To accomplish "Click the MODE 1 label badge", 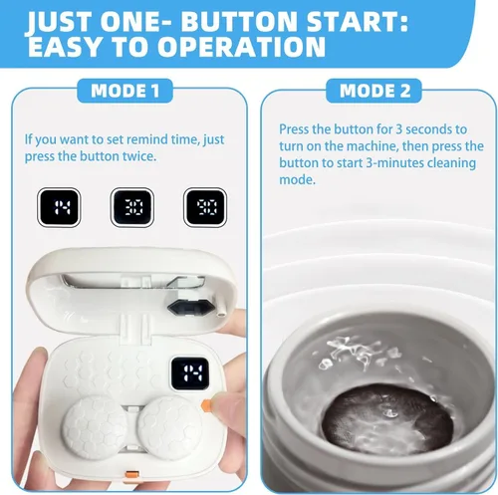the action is point(124,91).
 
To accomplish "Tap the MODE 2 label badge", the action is point(374,91).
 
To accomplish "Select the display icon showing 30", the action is point(131,207).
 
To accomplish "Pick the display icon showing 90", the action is point(205,207).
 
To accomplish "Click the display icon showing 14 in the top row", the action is point(59,207).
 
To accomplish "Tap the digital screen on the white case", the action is point(190,373).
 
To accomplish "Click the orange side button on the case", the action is point(206,405).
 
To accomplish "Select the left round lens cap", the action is point(95,427).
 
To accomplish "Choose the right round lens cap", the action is point(169,427).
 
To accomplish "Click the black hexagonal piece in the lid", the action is point(190,308).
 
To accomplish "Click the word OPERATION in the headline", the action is point(241,47).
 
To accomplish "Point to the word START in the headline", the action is point(358,22).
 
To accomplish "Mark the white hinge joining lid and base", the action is point(135,329).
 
